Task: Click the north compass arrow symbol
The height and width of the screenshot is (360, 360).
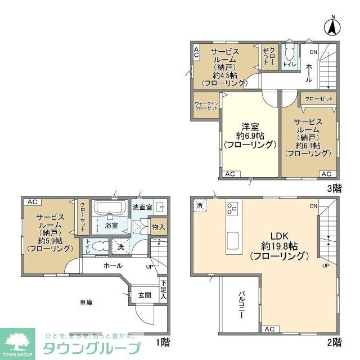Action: pyautogui.click(x=332, y=26)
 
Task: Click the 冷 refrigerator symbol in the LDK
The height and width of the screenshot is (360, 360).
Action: pyautogui.click(x=201, y=206)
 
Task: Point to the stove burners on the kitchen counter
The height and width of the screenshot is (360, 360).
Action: pyautogui.click(x=232, y=210)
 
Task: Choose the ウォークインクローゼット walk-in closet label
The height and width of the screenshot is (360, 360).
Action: pyautogui.click(x=206, y=106)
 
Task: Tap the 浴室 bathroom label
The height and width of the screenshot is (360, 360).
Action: pyautogui.click(x=111, y=226)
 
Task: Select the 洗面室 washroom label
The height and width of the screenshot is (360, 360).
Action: pyautogui.click(x=143, y=207)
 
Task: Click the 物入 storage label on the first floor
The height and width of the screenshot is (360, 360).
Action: pyautogui.click(x=159, y=227)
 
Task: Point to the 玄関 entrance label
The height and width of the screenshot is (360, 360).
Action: pyautogui.click(x=143, y=295)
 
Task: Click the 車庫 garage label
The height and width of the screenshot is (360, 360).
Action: pyautogui.click(x=86, y=302)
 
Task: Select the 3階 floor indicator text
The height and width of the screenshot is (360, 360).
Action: pyautogui.click(x=333, y=189)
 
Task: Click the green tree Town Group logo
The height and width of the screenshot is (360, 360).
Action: pyautogui.click(x=17, y=340)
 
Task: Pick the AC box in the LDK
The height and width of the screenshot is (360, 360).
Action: pyautogui.click(x=269, y=329)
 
